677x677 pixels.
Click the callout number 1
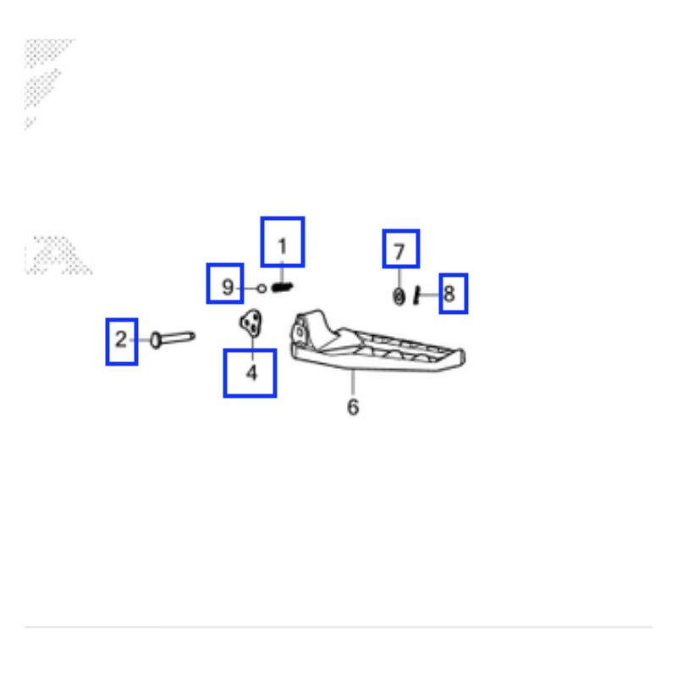click(x=283, y=246)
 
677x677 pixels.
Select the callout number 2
click(x=121, y=339)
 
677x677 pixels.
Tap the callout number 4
click(x=251, y=373)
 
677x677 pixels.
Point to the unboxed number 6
click(x=353, y=407)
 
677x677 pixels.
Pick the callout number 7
click(x=399, y=251)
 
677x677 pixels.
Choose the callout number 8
click(x=449, y=294)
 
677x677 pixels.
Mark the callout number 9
click(x=228, y=287)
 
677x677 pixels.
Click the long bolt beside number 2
click(x=173, y=338)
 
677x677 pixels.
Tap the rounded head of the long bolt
click(x=156, y=340)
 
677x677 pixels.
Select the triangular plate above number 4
click(x=250, y=322)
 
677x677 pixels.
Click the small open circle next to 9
click(x=261, y=289)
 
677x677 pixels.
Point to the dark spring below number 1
click(x=283, y=287)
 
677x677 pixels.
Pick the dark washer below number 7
click(x=399, y=297)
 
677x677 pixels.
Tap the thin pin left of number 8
click(x=416, y=295)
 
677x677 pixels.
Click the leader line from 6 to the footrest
click(x=353, y=382)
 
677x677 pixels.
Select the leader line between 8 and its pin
click(x=429, y=294)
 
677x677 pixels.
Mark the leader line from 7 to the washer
click(x=399, y=278)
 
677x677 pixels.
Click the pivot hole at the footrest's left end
click(x=300, y=333)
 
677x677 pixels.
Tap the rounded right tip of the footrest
click(x=463, y=357)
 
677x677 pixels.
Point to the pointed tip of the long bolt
click(x=194, y=335)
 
